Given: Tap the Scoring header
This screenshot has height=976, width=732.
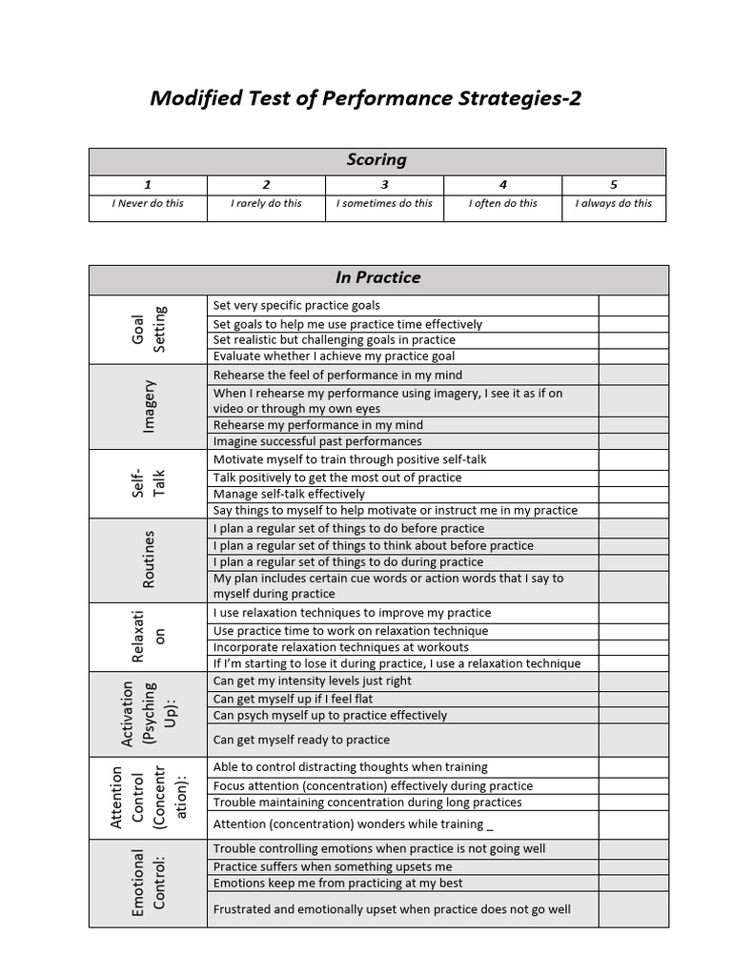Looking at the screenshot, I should pos(376,160).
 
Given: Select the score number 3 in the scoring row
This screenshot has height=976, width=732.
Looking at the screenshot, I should pos(384,185).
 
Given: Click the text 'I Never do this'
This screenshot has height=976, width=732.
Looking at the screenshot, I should pos(148,203).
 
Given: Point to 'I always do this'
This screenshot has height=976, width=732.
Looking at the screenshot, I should pos(614,203).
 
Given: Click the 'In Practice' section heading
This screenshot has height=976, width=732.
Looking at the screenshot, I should pos(377,277).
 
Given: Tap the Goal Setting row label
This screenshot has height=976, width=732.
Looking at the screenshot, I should pos(148,329).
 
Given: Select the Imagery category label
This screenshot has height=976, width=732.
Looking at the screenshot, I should pos(148,406).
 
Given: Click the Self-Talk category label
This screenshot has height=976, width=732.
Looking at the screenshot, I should pos(148,483).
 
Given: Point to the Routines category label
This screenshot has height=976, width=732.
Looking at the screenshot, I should pos(148,559).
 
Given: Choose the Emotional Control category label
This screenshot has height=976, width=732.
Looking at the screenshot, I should pos(148,884).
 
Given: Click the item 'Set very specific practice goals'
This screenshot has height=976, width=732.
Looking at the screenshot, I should pos(296,305).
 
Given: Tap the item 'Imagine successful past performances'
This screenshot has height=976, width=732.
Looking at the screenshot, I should pos(317,441).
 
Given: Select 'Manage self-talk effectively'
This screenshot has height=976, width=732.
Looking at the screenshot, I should pos(289,494).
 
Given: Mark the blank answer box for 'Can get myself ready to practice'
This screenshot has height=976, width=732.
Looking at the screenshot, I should pos(633,740).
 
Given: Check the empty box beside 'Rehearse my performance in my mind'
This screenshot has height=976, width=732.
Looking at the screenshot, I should pos(633,425).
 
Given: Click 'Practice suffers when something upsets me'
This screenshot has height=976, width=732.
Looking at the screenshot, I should pos(333,866).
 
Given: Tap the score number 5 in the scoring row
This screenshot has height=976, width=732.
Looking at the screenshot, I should pos(614,185).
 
